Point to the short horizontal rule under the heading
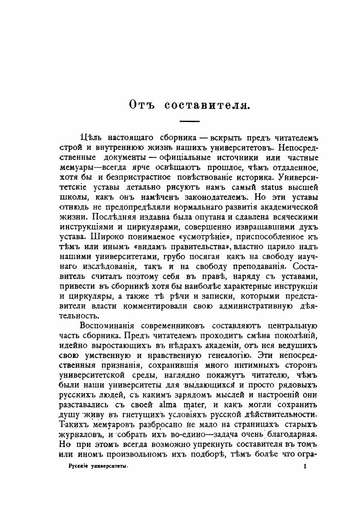pos(189,121)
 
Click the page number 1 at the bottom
pos(304,468)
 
